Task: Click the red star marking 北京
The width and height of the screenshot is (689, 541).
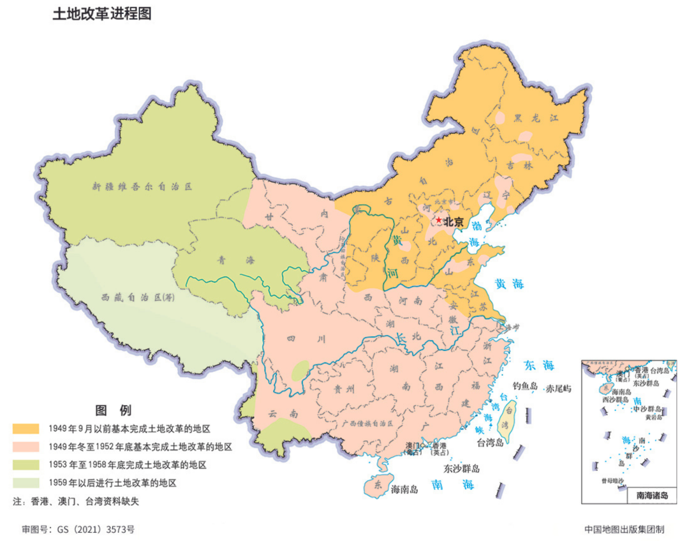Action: click(x=438, y=221)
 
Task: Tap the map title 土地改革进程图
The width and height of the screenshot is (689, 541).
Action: click(x=101, y=15)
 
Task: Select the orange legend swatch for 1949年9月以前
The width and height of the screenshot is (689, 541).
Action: click(x=27, y=428)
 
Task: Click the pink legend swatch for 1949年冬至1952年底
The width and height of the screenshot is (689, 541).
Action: click(x=27, y=447)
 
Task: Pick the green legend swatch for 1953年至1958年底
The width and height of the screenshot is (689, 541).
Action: click(x=27, y=464)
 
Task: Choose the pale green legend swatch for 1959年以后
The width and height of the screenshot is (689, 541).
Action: click(x=27, y=482)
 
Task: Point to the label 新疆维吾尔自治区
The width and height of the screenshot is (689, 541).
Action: click(x=142, y=188)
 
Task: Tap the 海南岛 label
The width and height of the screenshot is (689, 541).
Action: click(x=404, y=489)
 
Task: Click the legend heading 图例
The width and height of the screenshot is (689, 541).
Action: click(x=113, y=410)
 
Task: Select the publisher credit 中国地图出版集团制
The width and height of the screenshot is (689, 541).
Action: click(x=624, y=530)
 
